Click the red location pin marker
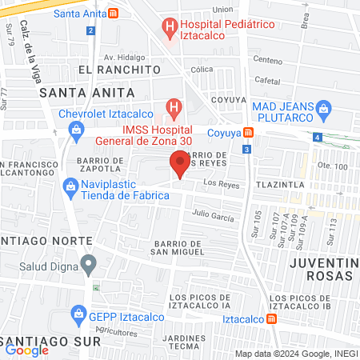click(x=180, y=165)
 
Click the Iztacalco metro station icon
click(x=274, y=318)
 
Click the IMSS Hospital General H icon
click(x=172, y=107)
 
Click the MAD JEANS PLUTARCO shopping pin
click(x=323, y=107)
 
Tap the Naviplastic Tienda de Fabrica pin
click(x=70, y=186)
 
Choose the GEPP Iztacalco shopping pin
click(x=78, y=312)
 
